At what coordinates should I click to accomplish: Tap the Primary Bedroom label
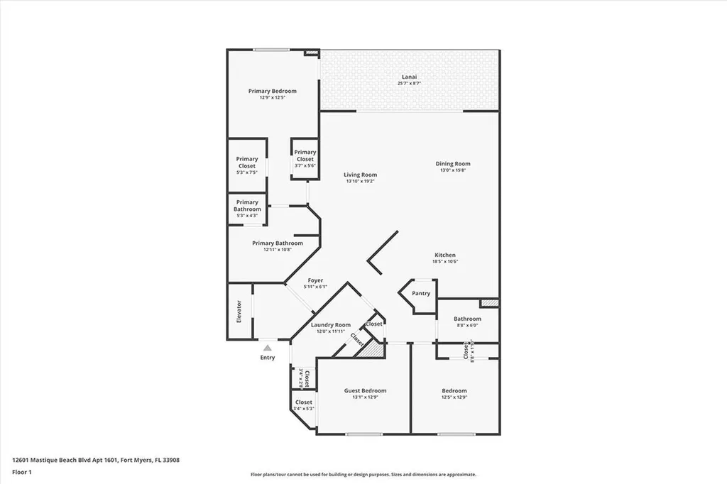click(272, 91)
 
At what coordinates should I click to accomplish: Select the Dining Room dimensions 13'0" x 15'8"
click(453, 170)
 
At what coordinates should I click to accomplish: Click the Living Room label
click(360, 175)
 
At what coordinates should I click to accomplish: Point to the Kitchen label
click(445, 255)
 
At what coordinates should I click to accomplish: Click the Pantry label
click(421, 293)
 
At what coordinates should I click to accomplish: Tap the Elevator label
click(239, 312)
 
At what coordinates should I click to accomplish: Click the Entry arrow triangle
click(267, 348)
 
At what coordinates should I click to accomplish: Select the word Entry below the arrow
click(267, 358)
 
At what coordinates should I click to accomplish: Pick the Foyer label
click(315, 280)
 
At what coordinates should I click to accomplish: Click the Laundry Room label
click(331, 325)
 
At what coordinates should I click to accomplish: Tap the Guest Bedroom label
click(365, 390)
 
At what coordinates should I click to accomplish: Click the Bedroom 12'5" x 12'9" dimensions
click(454, 397)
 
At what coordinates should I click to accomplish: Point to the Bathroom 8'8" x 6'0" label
click(467, 319)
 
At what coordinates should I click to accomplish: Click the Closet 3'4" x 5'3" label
click(303, 402)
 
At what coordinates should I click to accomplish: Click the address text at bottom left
click(96, 460)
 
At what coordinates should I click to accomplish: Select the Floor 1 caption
click(24, 471)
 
